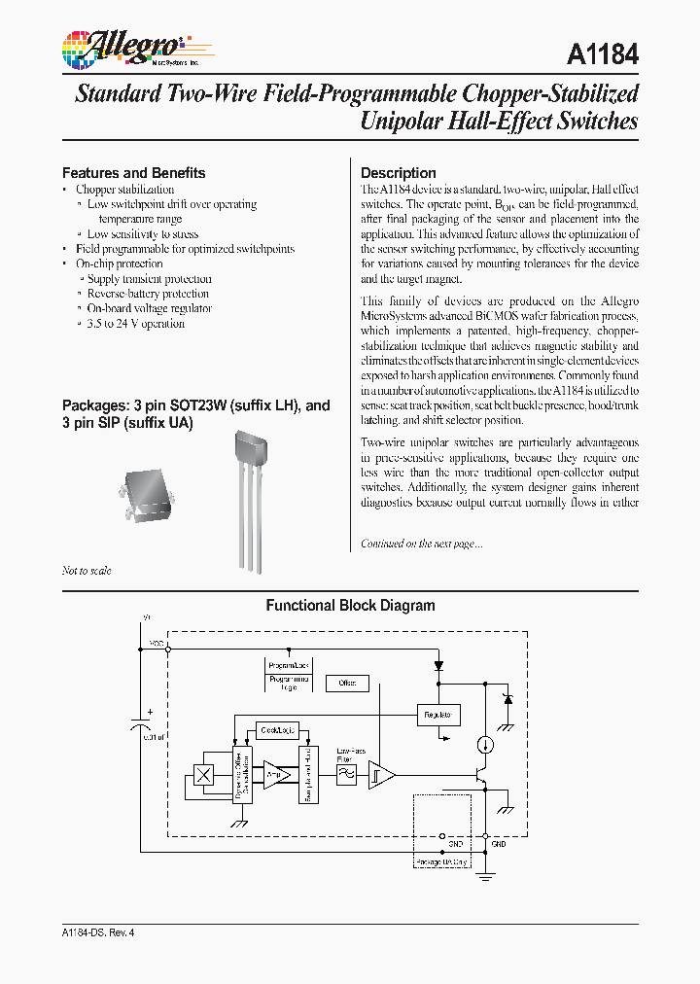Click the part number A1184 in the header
(602, 53)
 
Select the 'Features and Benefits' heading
(133, 173)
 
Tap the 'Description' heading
(398, 173)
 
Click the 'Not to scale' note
(87, 571)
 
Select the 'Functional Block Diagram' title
(350, 606)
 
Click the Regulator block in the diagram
(437, 715)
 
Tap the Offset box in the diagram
(347, 684)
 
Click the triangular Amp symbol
(277, 775)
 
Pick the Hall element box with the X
(205, 775)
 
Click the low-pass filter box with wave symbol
(346, 775)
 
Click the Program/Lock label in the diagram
(289, 665)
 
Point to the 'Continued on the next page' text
(421, 544)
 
